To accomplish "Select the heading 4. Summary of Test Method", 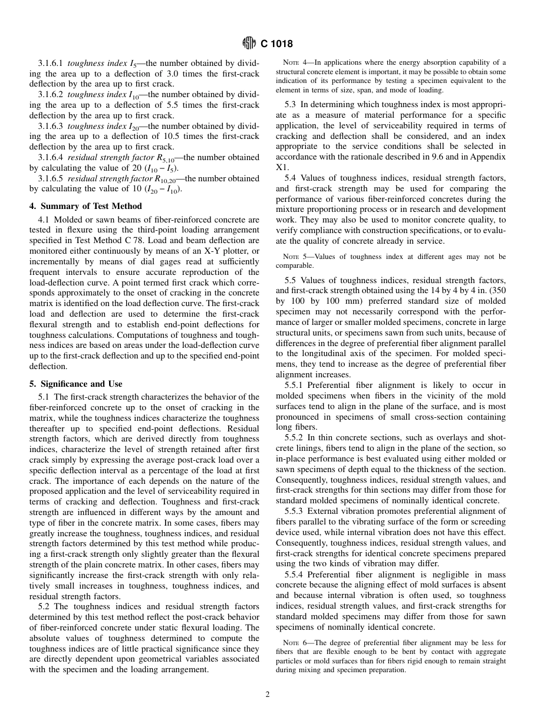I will [85, 206].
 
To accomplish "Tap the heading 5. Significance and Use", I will [76, 384].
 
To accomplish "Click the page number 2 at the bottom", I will [268, 695].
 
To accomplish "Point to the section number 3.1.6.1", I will [51, 62].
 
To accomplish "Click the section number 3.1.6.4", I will [51, 157].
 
